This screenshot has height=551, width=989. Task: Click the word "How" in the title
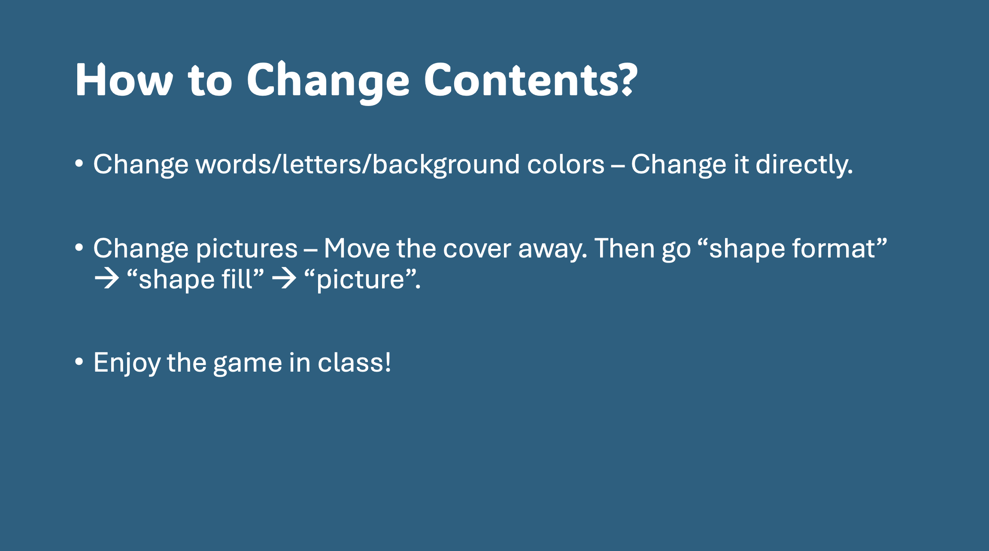click(124, 80)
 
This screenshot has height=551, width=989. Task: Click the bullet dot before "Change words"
click(79, 163)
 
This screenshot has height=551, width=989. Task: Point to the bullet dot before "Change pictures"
click(79, 248)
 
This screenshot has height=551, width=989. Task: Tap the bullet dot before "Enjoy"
click(79, 362)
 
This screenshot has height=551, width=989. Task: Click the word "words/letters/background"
click(358, 165)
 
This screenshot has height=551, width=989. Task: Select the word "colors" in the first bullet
click(566, 165)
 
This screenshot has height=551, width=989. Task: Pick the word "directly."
click(804, 165)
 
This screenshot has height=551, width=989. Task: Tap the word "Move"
click(357, 248)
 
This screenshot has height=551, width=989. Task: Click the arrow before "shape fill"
click(106, 279)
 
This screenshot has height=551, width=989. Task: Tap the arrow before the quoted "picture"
click(284, 279)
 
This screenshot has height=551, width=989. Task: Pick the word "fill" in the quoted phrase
click(237, 279)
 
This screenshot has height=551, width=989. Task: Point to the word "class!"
click(355, 362)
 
